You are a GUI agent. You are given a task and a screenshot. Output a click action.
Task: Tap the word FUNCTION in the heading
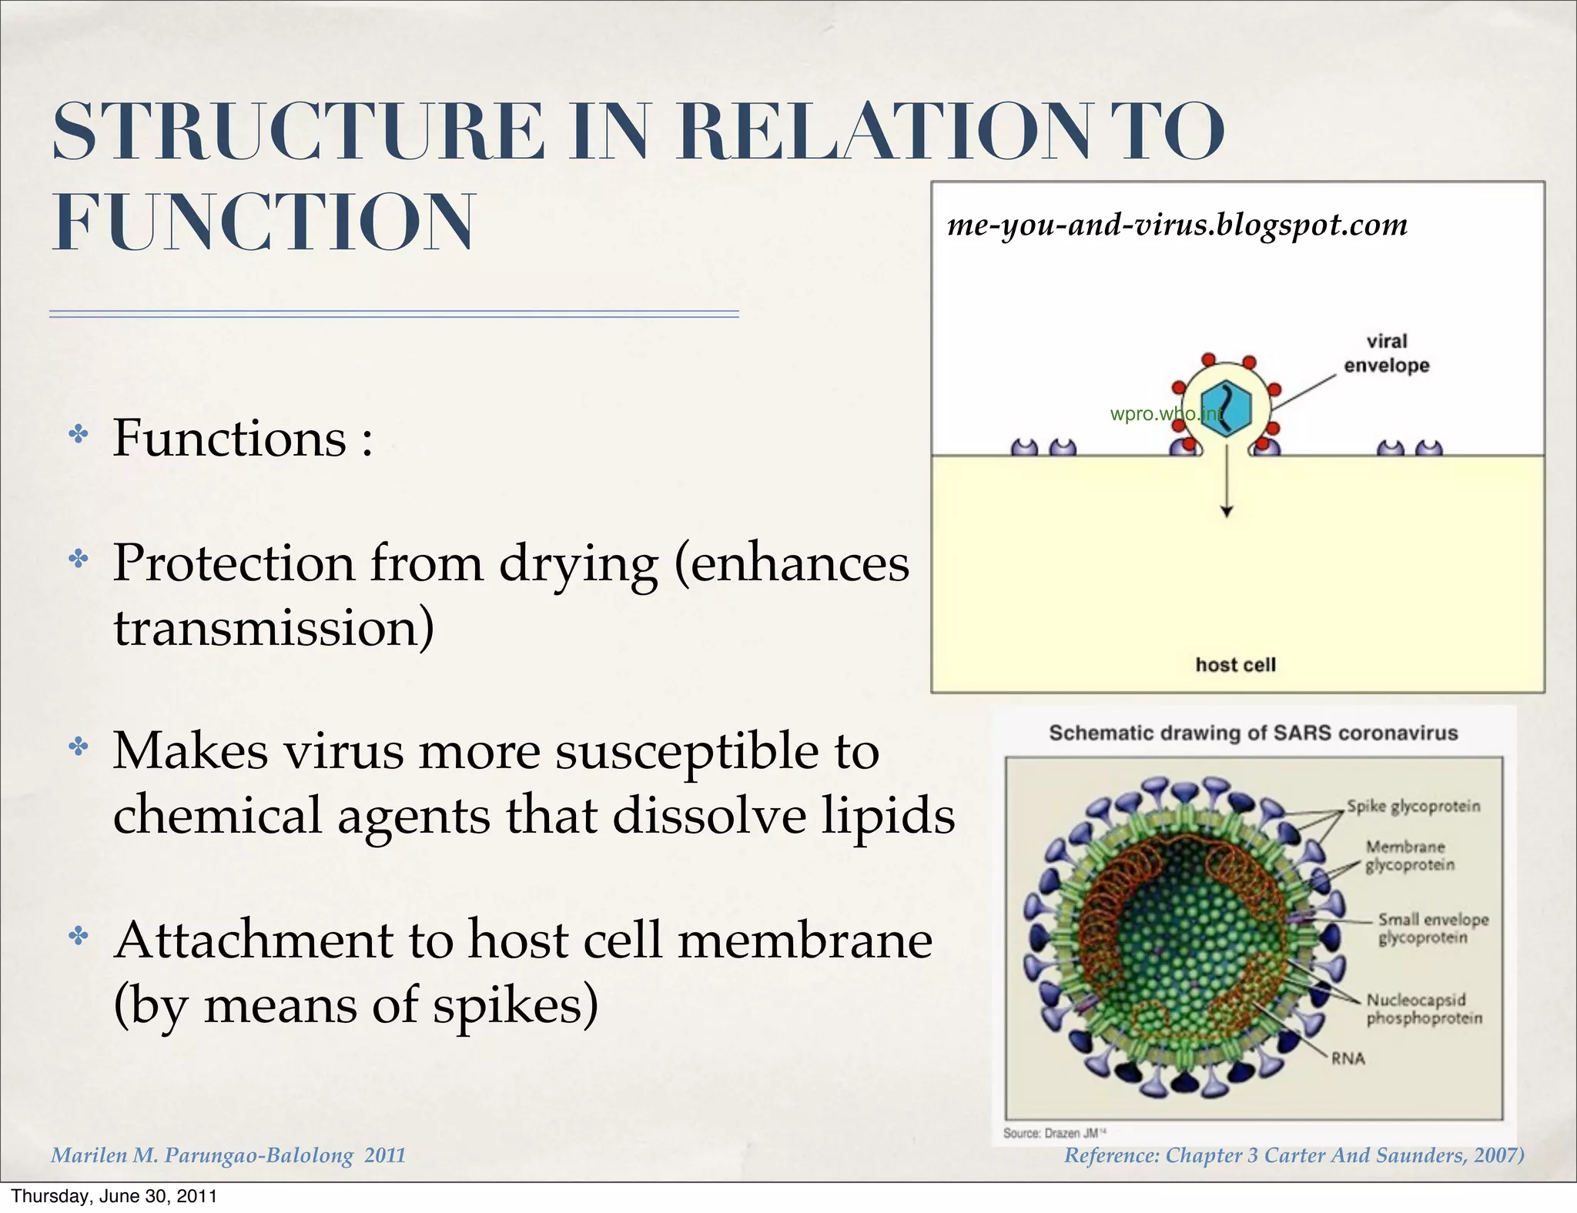pos(263,222)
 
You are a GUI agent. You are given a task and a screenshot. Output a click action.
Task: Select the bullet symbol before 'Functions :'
pos(79,435)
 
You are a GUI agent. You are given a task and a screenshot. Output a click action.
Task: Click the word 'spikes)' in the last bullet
pos(515,1005)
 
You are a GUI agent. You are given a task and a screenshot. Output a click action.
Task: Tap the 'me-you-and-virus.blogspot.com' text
pos(1177,225)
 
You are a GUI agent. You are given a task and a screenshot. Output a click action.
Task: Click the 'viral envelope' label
pos(1386,353)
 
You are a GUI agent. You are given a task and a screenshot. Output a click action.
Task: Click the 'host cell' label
pos(1235,665)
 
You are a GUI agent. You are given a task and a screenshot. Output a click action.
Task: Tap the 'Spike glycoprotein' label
pos(1413,806)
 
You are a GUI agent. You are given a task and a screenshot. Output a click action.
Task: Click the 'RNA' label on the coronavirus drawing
pos(1348,1058)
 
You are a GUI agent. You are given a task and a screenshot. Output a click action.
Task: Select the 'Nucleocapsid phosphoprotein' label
pos(1423,1009)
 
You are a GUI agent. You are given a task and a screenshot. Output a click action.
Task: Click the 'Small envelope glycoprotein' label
pos(1432,928)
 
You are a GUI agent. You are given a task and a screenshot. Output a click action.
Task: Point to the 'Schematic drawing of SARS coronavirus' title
pos(1253,733)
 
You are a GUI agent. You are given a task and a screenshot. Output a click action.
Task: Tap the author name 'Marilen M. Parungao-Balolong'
pos(203,1155)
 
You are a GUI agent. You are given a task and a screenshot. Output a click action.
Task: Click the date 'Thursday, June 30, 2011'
pos(114,1196)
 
